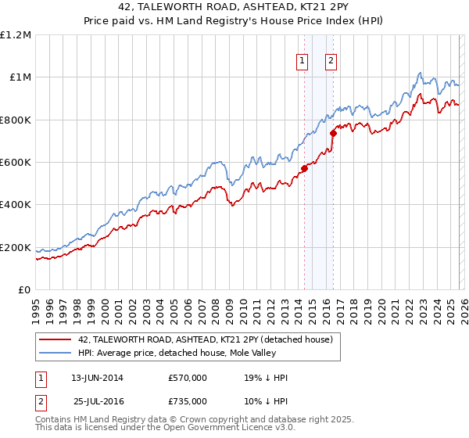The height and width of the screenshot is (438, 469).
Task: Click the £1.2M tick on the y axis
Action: pos(16,35)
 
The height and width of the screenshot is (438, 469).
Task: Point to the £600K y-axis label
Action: pos(16,163)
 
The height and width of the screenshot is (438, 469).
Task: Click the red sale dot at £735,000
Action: pos(333,133)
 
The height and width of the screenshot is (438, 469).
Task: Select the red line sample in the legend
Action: pos(55,339)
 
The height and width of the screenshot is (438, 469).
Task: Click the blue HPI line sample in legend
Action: pos(55,353)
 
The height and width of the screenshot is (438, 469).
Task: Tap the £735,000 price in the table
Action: pos(187,401)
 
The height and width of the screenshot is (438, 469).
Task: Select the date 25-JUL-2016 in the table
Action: pos(99,401)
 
